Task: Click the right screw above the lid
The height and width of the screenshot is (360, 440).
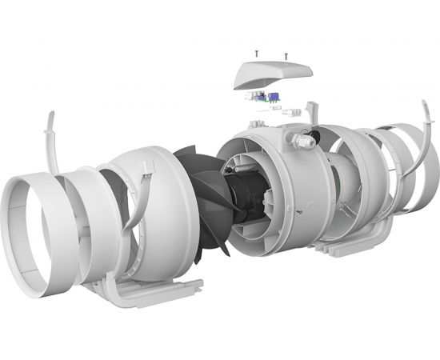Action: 286,56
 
